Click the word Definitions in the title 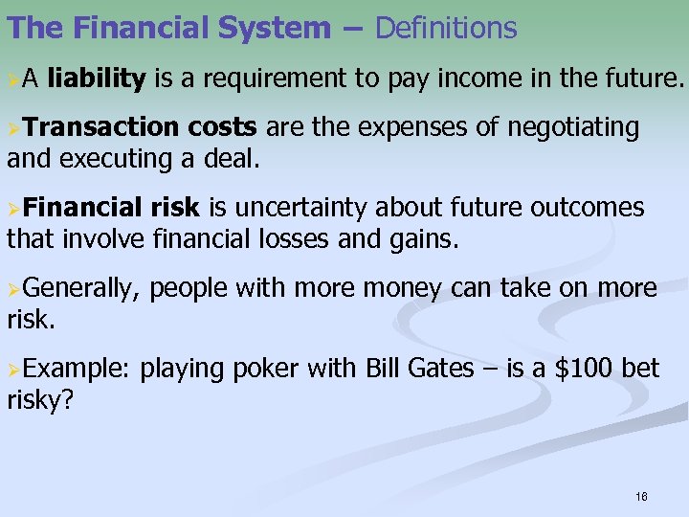pos(446,29)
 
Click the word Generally pos(80,288)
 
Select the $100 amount pos(573,369)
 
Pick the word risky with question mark pos(40,399)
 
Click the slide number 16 pos(641,497)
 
